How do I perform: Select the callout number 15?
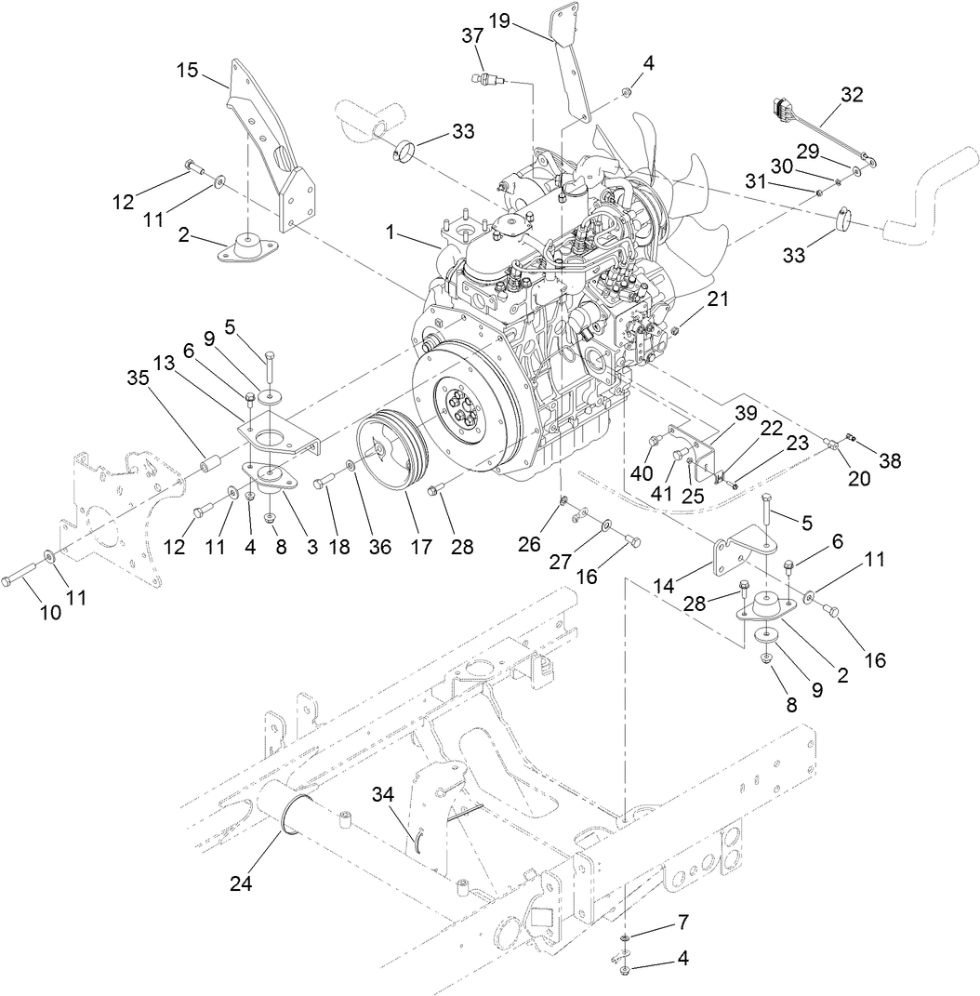tap(189, 71)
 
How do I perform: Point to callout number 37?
tap(473, 36)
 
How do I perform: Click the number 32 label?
tap(852, 95)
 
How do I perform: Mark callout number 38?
tap(890, 459)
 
